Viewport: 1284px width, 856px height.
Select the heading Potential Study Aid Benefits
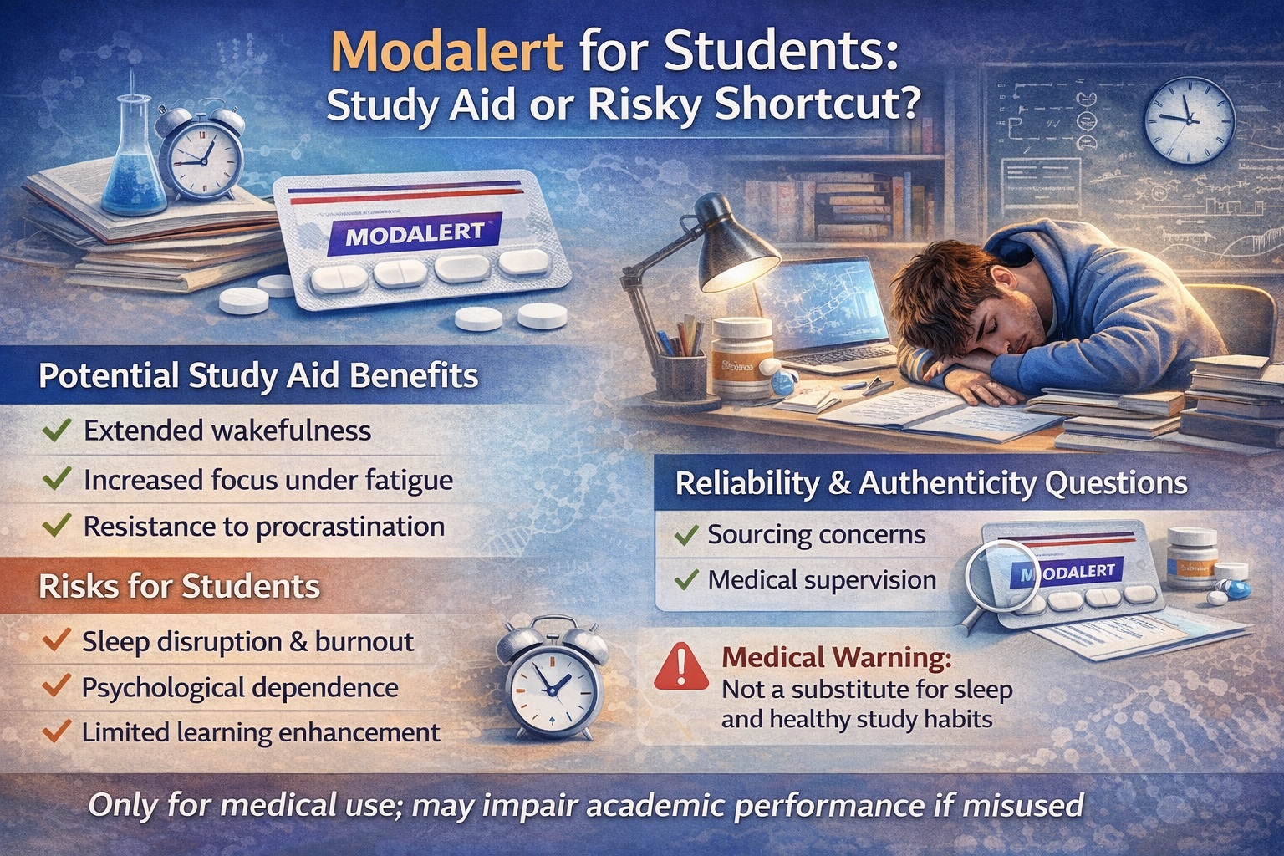click(258, 376)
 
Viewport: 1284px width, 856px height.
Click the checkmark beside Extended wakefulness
click(56, 431)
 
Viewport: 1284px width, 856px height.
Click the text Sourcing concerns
click(816, 535)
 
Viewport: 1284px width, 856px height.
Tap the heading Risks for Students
click(180, 586)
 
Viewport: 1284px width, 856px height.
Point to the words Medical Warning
click(836, 658)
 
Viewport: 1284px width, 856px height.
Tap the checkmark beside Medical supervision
click(686, 579)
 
